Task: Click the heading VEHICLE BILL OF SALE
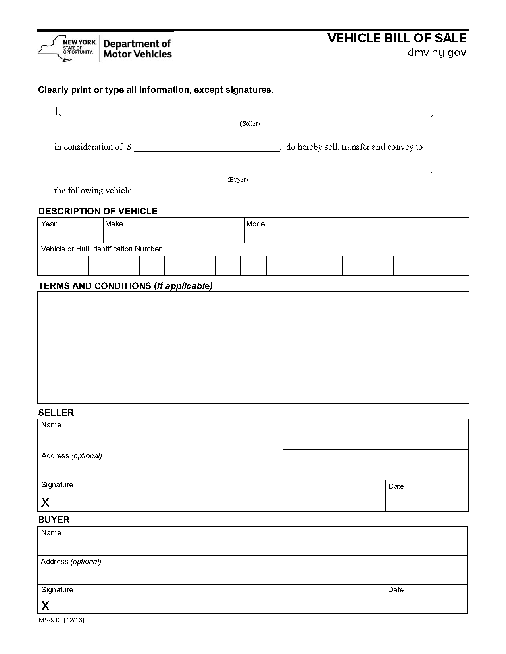tap(397, 38)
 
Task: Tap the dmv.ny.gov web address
tap(437, 53)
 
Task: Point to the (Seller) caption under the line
tap(250, 124)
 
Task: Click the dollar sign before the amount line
tap(129, 147)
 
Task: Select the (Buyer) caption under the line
tap(237, 180)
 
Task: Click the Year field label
tap(49, 224)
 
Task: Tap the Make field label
tap(114, 224)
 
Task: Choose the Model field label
tap(256, 224)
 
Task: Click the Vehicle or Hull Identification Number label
tap(101, 249)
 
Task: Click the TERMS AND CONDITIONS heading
tap(125, 286)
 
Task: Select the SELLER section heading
tap(56, 413)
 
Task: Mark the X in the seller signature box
tap(46, 503)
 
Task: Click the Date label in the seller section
tap(396, 486)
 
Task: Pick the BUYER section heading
tap(54, 520)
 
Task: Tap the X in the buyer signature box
tap(46, 606)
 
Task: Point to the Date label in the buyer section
tap(396, 590)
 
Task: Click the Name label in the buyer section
tap(51, 533)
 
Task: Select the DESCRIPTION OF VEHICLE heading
tap(98, 211)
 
